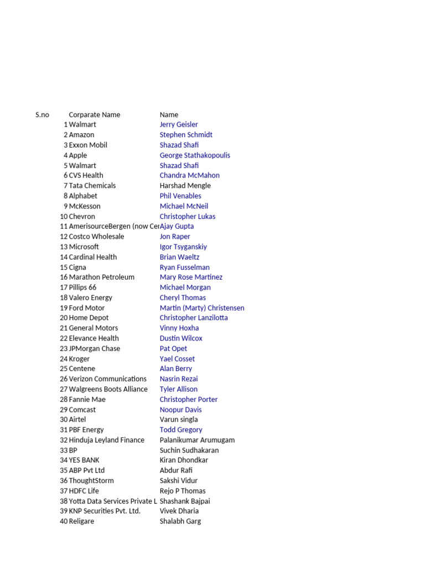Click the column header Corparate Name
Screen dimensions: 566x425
pos(94,115)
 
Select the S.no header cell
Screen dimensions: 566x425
pos(42,115)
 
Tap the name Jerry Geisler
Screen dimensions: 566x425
pos(179,125)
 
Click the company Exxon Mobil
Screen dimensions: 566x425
pos(88,145)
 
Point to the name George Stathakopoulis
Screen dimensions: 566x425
pos(195,155)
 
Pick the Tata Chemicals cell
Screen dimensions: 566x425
pos(92,186)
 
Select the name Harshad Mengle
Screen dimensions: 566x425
pos(185,186)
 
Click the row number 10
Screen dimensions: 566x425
pos(64,217)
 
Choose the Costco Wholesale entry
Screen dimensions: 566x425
pos(96,237)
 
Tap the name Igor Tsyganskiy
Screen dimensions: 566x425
pos(183,247)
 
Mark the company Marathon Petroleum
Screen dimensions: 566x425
pos(101,277)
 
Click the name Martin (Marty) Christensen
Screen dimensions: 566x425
pos(202,308)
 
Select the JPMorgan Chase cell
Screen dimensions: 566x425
pos(94,349)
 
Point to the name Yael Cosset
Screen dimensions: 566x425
pos(177,359)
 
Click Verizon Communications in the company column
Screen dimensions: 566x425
pos(107,379)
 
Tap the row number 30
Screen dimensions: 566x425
pos(64,420)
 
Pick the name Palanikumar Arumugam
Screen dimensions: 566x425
pos(197,440)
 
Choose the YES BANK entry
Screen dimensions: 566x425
pos(84,460)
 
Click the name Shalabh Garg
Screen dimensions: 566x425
pos(180,521)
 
